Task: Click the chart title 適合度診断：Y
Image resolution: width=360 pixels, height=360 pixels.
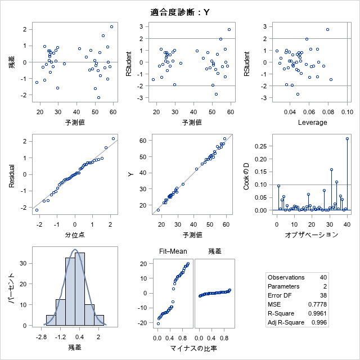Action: (x=180, y=12)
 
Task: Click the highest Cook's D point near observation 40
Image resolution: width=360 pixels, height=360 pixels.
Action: (x=347, y=138)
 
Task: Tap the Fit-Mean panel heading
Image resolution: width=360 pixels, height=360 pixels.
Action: (x=173, y=251)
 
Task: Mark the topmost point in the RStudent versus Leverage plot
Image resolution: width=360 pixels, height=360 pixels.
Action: (x=327, y=29)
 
